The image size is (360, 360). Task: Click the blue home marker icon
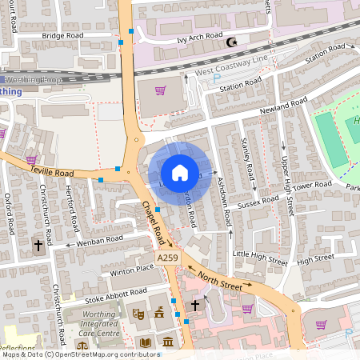[180, 173]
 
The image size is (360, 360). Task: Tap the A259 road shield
[167, 258]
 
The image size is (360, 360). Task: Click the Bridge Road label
[62, 36]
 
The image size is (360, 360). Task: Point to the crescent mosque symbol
[234, 42]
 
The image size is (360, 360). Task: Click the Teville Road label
[52, 172]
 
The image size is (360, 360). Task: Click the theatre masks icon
[138, 314]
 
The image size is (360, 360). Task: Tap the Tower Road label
[311, 186]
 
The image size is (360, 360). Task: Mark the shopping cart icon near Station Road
[161, 90]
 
